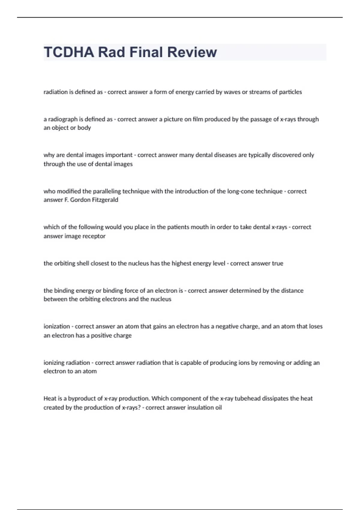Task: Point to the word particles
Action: tap(290, 92)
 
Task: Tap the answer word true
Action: tap(277, 263)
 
